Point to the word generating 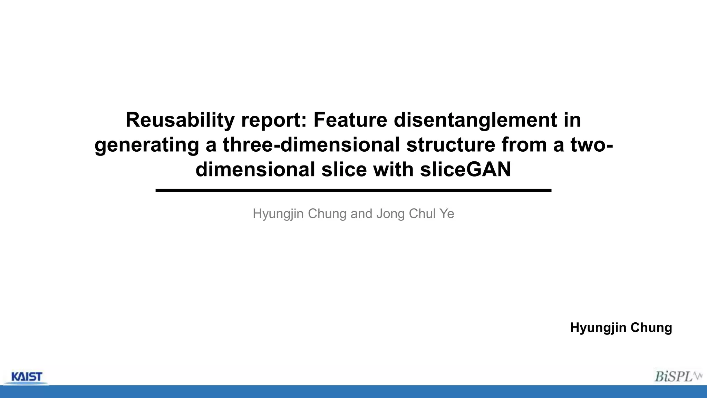147,145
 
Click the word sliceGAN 465,170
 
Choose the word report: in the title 274,120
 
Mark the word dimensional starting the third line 255,170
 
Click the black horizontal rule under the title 353,190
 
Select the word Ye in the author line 447,214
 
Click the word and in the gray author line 361,214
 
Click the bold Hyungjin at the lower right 598,328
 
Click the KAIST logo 27,377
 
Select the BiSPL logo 677,376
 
